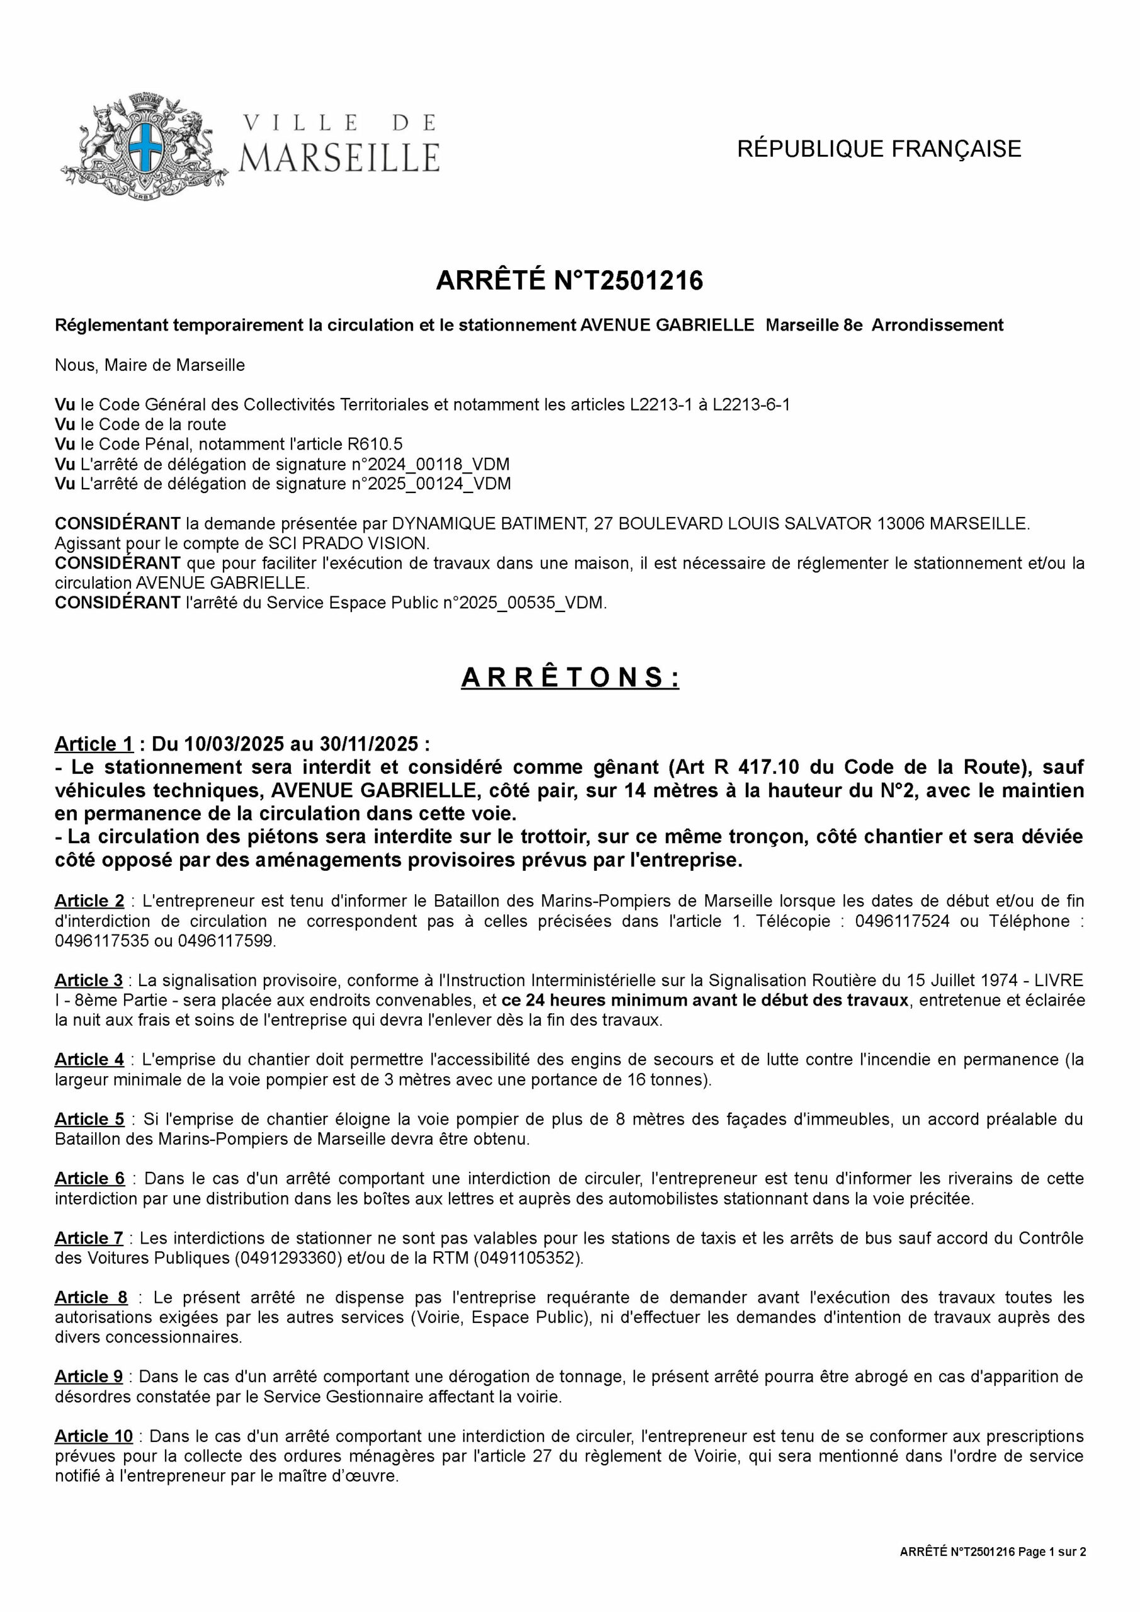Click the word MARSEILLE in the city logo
[x=340, y=157]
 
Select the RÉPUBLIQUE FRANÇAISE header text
[x=879, y=149]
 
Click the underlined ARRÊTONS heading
[x=570, y=678]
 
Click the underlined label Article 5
[x=89, y=1119]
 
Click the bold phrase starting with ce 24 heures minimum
[x=706, y=1000]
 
